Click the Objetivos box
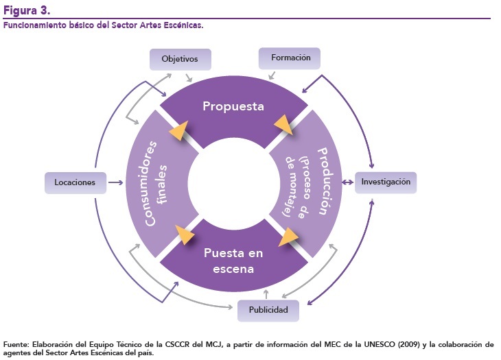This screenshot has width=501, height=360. [x=179, y=59]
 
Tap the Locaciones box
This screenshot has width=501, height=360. [x=75, y=182]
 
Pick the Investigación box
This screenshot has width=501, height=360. [x=385, y=182]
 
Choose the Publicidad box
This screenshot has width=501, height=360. [x=268, y=311]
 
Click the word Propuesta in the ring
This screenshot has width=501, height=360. [x=233, y=107]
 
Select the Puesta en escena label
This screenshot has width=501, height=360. [x=234, y=261]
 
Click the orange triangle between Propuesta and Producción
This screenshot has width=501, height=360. [x=283, y=125]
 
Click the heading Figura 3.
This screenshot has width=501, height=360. [x=26, y=10]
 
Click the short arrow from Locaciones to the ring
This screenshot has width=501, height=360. [x=115, y=182]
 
